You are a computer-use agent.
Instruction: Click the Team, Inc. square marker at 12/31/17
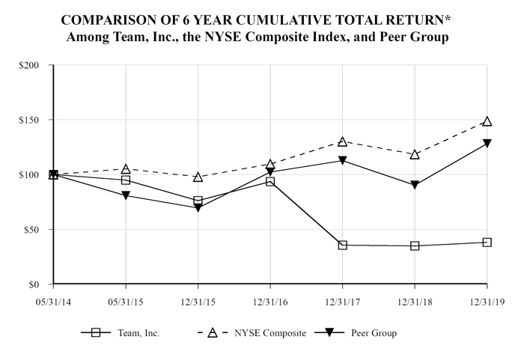point(342,245)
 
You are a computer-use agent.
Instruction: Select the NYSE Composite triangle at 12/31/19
point(487,121)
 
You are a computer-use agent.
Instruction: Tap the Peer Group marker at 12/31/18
point(415,185)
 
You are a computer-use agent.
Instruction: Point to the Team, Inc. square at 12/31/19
point(487,242)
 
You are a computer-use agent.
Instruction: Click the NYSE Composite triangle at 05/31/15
point(125,169)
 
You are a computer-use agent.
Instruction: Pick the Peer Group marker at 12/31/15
point(198,208)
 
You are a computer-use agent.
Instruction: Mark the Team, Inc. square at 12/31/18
point(415,246)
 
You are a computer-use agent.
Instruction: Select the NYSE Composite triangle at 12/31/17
point(342,141)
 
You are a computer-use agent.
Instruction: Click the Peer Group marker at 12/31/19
point(487,144)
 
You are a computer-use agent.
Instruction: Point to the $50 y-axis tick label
point(31,230)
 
